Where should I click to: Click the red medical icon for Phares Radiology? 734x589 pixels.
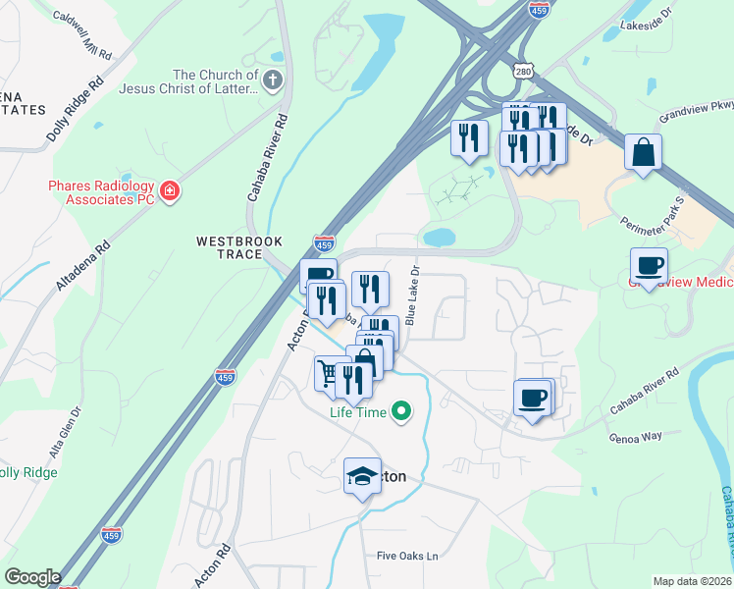(x=170, y=189)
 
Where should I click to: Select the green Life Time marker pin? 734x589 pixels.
(x=400, y=412)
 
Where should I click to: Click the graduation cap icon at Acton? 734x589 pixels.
(x=363, y=476)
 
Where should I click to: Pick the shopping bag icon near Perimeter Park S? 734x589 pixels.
(x=643, y=152)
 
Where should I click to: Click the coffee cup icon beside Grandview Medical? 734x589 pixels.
(x=649, y=264)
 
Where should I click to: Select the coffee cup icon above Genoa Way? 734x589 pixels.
(x=533, y=398)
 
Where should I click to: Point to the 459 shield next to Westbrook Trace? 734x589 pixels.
(x=325, y=241)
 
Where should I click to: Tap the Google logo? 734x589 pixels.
(x=31, y=577)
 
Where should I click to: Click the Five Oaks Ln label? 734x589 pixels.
(x=406, y=556)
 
